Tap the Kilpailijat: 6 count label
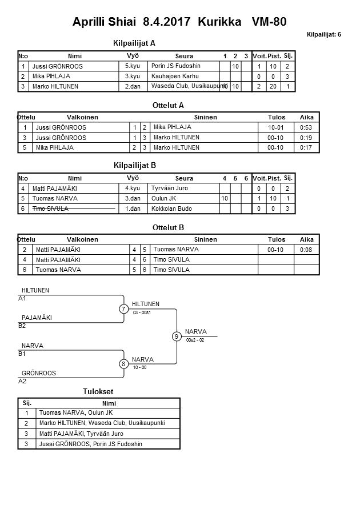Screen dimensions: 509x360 323,35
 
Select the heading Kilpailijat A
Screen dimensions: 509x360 135,43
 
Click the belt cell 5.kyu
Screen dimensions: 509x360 133,66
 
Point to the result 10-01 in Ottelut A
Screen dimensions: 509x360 276,127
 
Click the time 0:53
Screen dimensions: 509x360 307,127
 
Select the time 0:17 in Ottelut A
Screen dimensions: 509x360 307,147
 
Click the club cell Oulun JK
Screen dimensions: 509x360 163,198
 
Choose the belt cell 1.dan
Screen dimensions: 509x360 133,209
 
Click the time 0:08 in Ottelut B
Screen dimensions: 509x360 307,250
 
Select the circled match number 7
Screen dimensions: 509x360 123,309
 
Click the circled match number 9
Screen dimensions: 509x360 177,336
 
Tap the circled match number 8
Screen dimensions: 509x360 123,364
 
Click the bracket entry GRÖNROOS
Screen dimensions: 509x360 39,373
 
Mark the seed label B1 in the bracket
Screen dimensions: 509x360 22,354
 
